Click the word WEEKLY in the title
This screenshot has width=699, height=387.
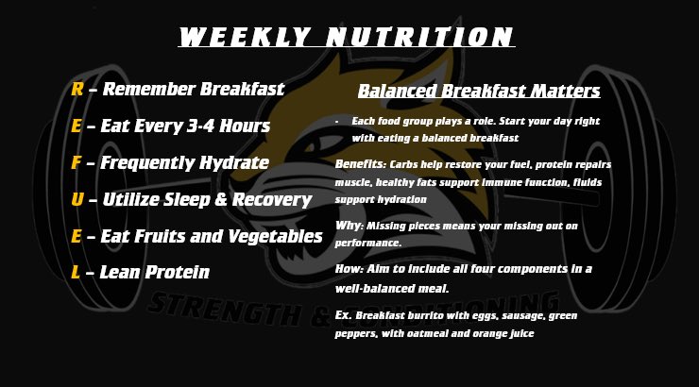(243, 38)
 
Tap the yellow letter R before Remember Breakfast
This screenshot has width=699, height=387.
(77, 90)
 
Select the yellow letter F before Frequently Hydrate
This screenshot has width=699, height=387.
(76, 163)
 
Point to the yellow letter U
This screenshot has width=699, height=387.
(77, 199)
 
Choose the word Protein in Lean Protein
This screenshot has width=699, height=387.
(175, 273)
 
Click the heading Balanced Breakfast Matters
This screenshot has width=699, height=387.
(479, 92)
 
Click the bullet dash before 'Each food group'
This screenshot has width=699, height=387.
(337, 122)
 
